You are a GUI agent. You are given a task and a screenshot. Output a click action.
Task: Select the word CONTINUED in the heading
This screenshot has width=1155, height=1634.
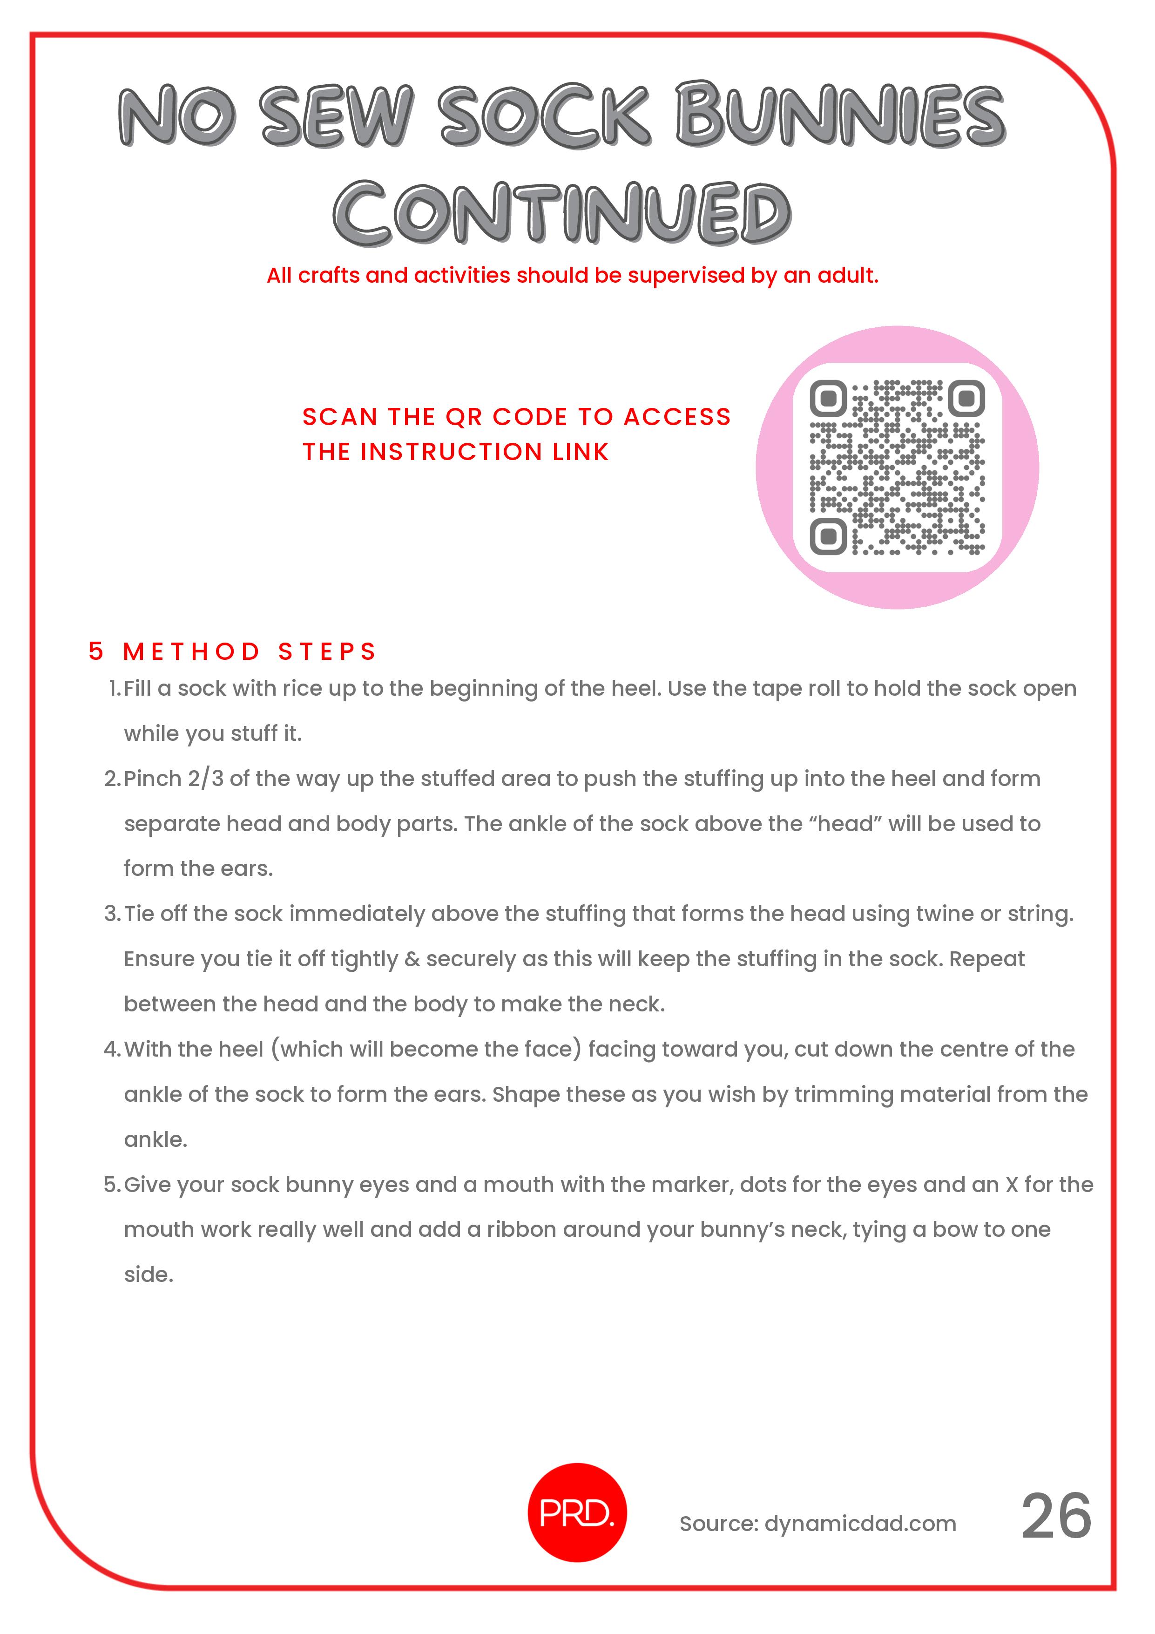[x=562, y=212]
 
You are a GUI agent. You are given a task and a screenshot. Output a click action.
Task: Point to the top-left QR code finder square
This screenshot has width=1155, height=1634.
[x=828, y=399]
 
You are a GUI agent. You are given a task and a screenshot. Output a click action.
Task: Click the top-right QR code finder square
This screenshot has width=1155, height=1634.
[x=966, y=399]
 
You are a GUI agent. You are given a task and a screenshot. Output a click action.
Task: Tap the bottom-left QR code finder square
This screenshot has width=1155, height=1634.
[x=828, y=536]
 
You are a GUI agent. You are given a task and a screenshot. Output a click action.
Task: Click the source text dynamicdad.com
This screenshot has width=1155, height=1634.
[x=860, y=1523]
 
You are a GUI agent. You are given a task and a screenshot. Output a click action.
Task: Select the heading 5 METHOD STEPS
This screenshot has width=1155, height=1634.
[x=232, y=651]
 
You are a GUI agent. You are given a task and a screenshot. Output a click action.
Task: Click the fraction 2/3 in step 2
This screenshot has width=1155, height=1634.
[x=206, y=779]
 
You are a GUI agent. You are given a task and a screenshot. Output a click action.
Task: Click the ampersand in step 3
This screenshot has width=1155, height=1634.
[x=412, y=959]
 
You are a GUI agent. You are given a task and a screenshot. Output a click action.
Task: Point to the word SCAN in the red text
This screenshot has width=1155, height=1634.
[x=339, y=417]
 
